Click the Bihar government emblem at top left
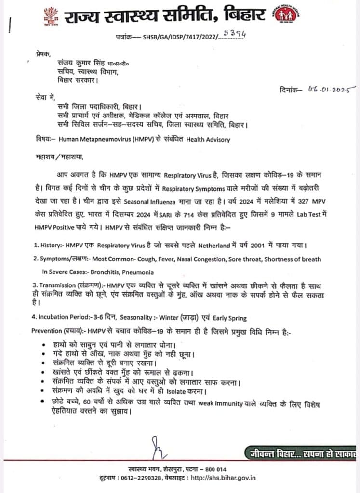[51, 15]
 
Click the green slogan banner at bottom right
[301, 453]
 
